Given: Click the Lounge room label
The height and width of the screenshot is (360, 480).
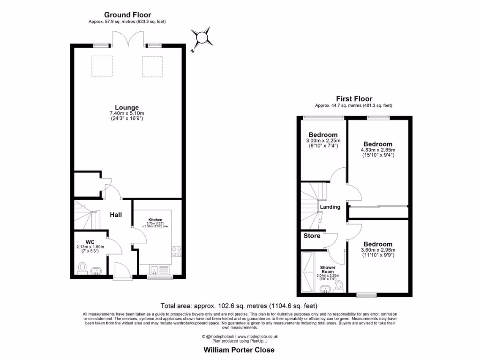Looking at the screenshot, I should pos(127,107).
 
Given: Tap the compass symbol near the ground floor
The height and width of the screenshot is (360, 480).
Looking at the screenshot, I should pos(202,37).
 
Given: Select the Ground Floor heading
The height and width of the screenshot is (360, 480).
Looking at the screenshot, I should pos(127,15).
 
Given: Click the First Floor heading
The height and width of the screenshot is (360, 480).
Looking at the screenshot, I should pos(354,99).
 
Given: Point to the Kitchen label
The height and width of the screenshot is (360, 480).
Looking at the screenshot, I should pos(155,219).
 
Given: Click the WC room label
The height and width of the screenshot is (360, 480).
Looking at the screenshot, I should pos(90,242).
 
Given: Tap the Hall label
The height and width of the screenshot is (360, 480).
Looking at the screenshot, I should pos(116,215).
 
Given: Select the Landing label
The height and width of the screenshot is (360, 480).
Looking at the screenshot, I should pos(330,207).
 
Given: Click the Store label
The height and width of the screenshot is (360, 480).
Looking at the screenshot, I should pos(312,236).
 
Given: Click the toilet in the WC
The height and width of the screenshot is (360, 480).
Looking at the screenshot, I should pos(82,267).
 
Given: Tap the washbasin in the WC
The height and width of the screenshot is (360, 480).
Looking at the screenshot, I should pos(96,271).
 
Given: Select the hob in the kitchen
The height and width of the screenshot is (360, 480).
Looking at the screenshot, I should pos(177,251).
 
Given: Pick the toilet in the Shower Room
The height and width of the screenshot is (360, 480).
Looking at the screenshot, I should pos(338,285).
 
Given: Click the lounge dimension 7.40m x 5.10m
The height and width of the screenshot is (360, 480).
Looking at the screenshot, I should pos(127,113).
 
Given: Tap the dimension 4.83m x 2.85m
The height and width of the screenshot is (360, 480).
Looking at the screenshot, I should pos(378,150).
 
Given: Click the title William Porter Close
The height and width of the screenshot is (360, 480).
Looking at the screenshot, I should pos(239,350).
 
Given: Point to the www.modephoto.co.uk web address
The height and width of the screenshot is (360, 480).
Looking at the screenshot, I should pos(257,336).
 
